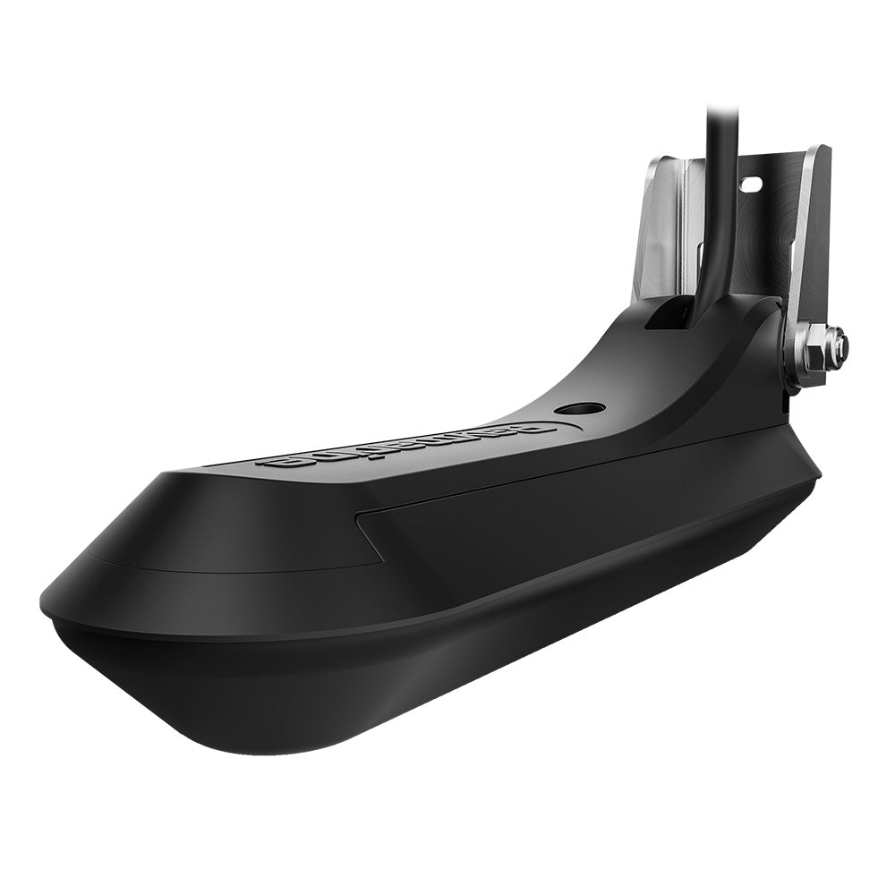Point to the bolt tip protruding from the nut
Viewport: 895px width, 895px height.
pyautogui.click(x=839, y=339)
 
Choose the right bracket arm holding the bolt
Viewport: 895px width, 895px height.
pyautogui.click(x=810, y=268)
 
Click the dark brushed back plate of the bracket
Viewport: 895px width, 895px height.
pyautogui.click(x=752, y=233)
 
